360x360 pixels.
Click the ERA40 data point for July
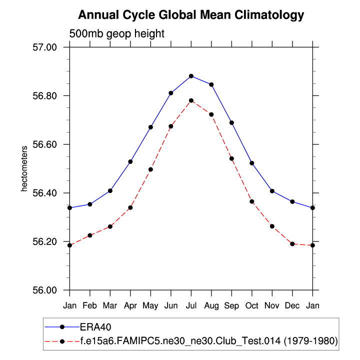point(191,76)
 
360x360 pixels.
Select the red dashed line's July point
point(191,100)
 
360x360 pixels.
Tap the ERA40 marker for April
point(130,161)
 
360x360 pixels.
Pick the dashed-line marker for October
point(252,201)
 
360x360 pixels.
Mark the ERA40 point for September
point(231,122)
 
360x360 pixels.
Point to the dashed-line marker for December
point(292,243)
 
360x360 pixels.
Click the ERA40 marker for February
point(90,204)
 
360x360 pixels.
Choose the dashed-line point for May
point(150,169)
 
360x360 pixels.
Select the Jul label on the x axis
point(191,304)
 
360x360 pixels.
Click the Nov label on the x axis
point(272,304)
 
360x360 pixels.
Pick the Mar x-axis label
point(110,304)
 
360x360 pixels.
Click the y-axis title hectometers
point(23,169)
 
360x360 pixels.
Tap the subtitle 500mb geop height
point(116,34)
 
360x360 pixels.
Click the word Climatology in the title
point(268,15)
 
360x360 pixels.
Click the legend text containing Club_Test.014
point(209,341)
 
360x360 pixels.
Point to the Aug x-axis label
point(211,304)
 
